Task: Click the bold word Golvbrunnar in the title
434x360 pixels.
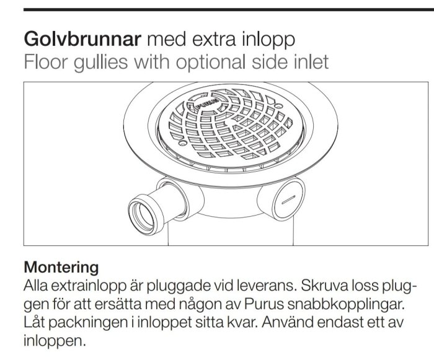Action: [x=82, y=39]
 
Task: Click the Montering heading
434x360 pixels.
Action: [x=61, y=267]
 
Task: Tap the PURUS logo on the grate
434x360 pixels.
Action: [x=207, y=103]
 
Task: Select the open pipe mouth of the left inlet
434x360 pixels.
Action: [x=142, y=215]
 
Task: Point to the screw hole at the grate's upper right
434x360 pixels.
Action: [x=278, y=106]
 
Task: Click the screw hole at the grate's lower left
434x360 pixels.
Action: [x=182, y=143]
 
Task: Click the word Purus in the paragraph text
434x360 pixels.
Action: [x=264, y=304]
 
